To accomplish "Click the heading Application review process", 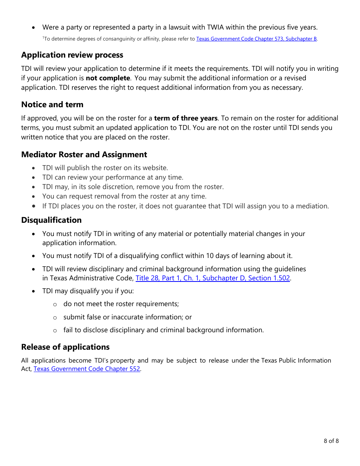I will click(x=72, y=55).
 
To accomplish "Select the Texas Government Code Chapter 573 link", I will click(x=257, y=39).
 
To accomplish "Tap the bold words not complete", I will click(x=108, y=78).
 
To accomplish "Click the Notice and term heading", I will click(x=52, y=105).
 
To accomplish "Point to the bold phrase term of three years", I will click(x=186, y=118).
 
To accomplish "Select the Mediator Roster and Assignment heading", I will click(x=84, y=155).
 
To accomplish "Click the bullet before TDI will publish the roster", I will click(x=34, y=168).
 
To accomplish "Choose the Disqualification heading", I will click(x=52, y=220).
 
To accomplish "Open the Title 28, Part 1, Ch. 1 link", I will click(x=213, y=278).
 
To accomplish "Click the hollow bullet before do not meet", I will click(x=55, y=304).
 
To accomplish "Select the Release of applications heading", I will click(x=65, y=347).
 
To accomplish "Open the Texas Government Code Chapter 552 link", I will click(x=87, y=369).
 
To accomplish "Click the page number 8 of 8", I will click(x=331, y=441).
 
